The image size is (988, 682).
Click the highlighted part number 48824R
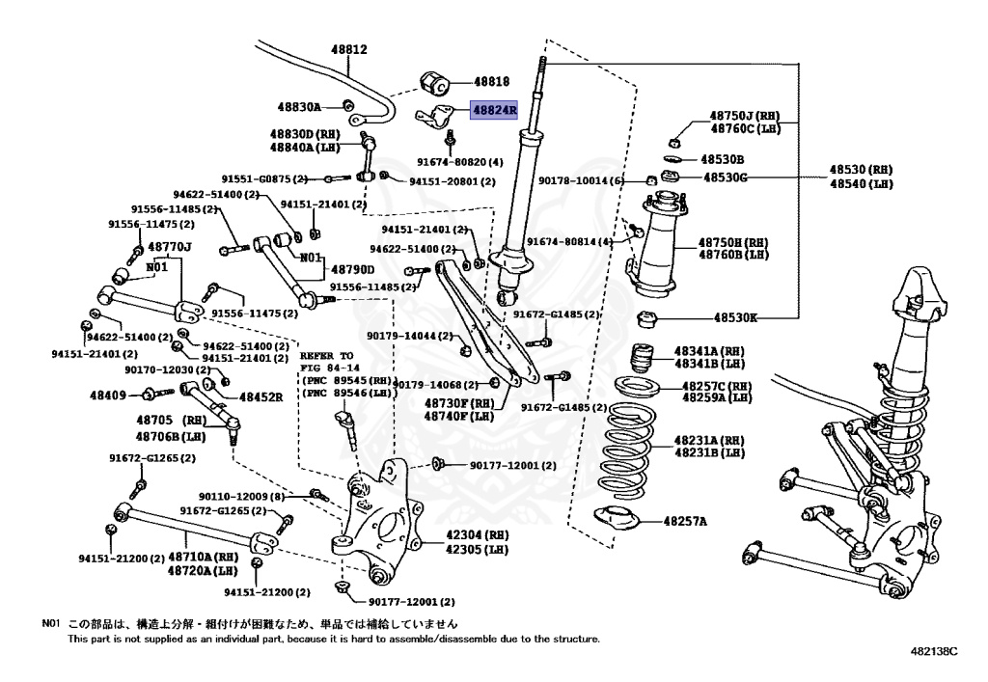point(494,110)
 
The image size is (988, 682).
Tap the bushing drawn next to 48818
point(433,80)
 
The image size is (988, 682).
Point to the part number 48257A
point(685,522)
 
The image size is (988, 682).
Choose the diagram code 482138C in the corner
point(933,653)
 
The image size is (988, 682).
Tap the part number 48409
point(109,395)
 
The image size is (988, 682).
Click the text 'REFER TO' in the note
point(329,356)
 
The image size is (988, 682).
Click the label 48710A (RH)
point(203,557)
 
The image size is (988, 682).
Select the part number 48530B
point(723,158)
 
